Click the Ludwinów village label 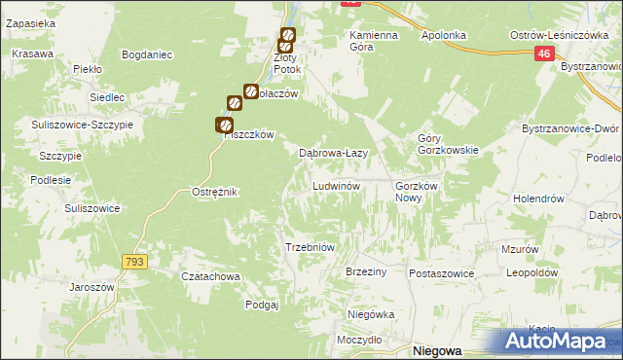click(x=337, y=185)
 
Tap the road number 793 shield click(x=135, y=261)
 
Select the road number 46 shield click(x=544, y=57)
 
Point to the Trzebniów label click(x=310, y=247)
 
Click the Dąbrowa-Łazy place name click(x=332, y=153)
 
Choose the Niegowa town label click(x=435, y=350)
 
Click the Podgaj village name click(x=263, y=305)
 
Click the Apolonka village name click(x=444, y=35)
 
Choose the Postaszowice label click(x=441, y=273)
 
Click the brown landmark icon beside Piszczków click(x=224, y=125)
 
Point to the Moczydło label click(x=359, y=340)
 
